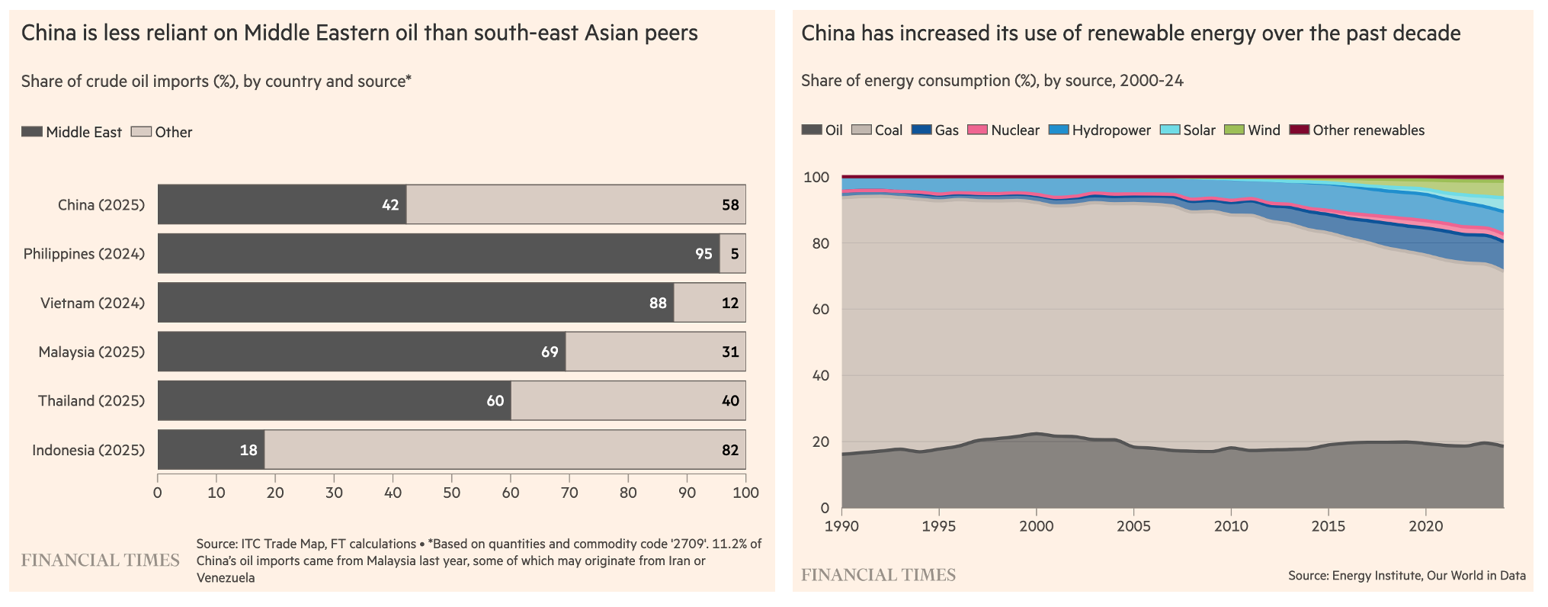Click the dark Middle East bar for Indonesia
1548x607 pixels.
pyautogui.click(x=206, y=450)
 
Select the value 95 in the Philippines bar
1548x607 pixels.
pyautogui.click(x=703, y=254)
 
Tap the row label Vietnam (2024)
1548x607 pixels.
pyautogui.click(x=92, y=303)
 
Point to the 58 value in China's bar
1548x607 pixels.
pyautogui.click(x=730, y=205)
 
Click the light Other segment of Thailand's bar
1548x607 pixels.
pyautogui.click(x=625, y=401)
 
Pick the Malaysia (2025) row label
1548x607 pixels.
pyautogui.click(x=91, y=352)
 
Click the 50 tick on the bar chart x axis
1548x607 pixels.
pyautogui.click(x=451, y=493)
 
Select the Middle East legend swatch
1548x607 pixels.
pyautogui.click(x=32, y=132)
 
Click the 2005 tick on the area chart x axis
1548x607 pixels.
pyautogui.click(x=1133, y=526)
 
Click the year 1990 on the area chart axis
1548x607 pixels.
pyautogui.click(x=842, y=526)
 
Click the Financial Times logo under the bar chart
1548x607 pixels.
pyautogui.click(x=101, y=560)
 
